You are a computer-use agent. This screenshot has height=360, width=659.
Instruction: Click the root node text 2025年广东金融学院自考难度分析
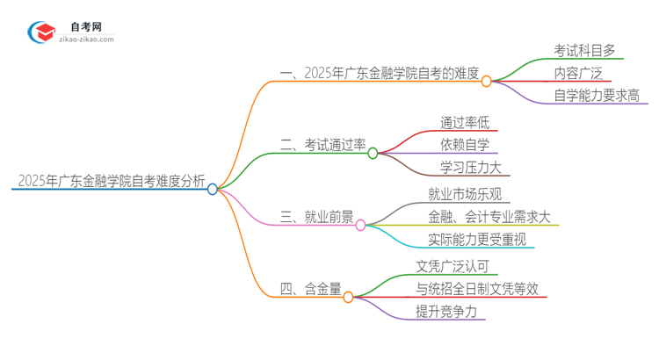[110, 182]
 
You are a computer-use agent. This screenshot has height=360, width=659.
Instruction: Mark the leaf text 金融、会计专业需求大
[489, 217]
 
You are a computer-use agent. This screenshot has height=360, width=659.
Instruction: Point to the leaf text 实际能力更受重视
[477, 240]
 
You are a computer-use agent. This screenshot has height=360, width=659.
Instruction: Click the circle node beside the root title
[213, 189]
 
